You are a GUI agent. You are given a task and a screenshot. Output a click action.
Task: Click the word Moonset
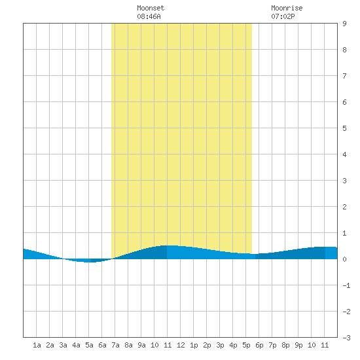coord(151,8)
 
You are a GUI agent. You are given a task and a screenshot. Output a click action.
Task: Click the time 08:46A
coord(149,16)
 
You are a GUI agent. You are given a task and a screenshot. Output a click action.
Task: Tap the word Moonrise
coord(287,8)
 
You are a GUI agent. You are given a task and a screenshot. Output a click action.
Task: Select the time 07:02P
coord(283,16)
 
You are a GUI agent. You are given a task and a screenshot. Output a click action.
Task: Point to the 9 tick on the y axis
coord(344,24)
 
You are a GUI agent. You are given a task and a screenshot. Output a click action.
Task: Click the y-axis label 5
coord(344,128)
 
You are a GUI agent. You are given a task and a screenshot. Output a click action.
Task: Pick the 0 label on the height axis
coord(344,259)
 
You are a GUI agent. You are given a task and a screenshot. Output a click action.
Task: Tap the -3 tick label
coord(346,338)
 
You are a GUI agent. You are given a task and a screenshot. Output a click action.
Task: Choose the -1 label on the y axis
coord(346,285)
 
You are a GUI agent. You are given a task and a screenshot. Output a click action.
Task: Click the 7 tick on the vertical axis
coord(344,76)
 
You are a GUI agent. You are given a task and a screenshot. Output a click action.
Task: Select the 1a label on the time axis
coord(37,345)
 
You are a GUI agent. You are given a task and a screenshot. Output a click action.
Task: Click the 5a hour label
coord(89,345)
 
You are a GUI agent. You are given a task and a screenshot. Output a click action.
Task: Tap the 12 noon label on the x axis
coord(181,345)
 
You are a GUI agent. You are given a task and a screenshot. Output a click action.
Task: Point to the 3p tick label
coord(220,345)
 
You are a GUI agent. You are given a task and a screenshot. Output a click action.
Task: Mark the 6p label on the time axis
coord(259,345)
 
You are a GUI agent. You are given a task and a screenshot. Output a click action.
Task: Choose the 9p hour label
coord(298,345)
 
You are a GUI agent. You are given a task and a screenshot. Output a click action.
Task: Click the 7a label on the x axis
coord(115,345)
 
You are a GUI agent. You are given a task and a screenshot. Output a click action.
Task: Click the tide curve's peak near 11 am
coord(170,245)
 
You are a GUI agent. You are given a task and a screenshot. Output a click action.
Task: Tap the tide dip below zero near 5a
coord(88,261)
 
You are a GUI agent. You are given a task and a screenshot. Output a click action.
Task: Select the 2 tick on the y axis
coord(344,207)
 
